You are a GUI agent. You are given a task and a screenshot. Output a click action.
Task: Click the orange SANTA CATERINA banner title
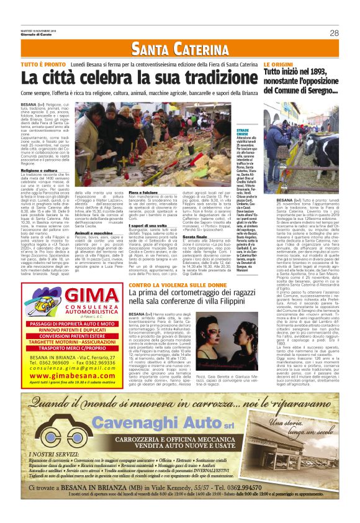tap(179, 49)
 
